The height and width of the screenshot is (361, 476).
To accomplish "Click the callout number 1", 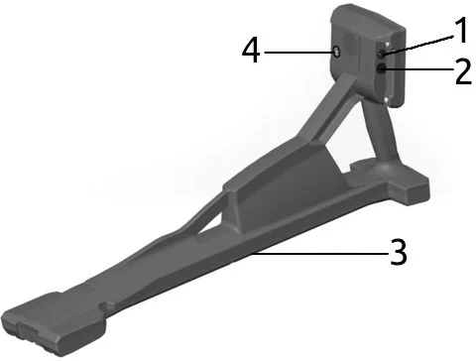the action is pos(460,30).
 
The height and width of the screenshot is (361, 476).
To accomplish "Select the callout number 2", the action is pos(463,72).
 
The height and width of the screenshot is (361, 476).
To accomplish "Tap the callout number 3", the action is pos(399,252).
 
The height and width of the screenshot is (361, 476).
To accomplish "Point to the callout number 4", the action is pos(251,51).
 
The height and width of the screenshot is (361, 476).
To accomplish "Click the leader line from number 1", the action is pos(418,45).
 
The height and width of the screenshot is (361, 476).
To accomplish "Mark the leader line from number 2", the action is pos(417,69).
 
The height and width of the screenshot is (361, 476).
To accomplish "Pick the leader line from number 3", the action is pos(319,254).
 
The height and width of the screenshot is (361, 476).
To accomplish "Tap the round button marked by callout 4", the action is pos(337,52).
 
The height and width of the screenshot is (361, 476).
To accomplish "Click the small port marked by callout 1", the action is pos(382,54).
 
